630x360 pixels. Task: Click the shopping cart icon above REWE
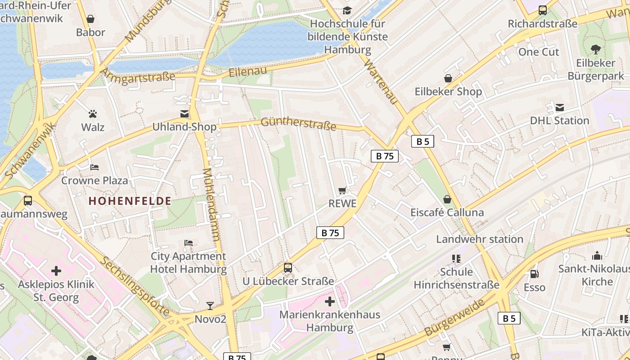pos(342,191)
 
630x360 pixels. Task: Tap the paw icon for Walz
pos(93,114)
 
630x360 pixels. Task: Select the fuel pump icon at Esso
pos(534,274)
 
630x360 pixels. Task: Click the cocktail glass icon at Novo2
pos(210,306)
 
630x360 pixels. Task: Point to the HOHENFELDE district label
pos(130,201)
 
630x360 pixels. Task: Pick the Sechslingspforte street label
pos(135,286)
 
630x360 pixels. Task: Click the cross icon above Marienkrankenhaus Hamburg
pos(330,301)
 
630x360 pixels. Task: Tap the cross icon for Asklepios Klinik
pos(56,271)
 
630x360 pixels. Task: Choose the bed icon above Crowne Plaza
pos(94,167)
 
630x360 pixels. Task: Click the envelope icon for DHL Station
pos(559,108)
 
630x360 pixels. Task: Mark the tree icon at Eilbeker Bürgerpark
pos(596,49)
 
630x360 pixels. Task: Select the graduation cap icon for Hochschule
pos(347,10)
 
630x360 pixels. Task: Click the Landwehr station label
pos(479,239)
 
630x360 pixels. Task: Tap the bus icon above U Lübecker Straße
pos(288,268)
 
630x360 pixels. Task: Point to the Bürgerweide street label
pos(455,317)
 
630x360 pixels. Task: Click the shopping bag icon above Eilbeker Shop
pos(448,78)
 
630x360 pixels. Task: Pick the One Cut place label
pos(539,52)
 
